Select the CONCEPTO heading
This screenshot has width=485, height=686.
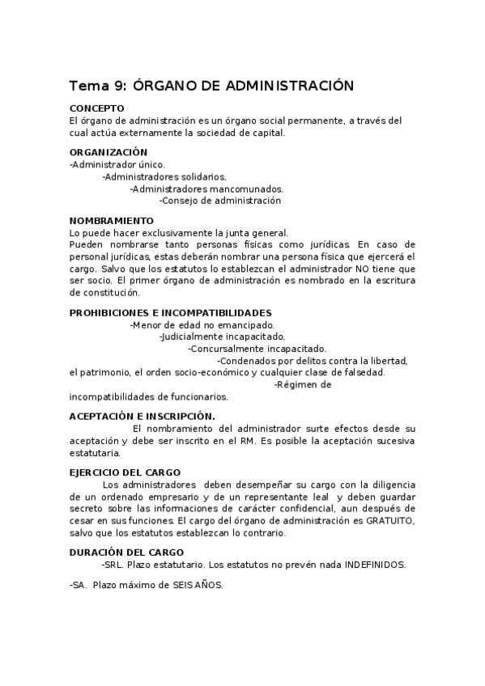pyautogui.click(x=96, y=108)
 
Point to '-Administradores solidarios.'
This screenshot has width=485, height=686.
pyautogui.click(x=164, y=176)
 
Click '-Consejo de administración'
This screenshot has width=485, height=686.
pyautogui.click(x=220, y=200)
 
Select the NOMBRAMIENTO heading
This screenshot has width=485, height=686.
pyautogui.click(x=111, y=220)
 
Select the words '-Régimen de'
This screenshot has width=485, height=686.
pyautogui.click(x=302, y=385)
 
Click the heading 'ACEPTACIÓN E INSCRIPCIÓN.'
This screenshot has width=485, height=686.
pyautogui.click(x=142, y=416)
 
